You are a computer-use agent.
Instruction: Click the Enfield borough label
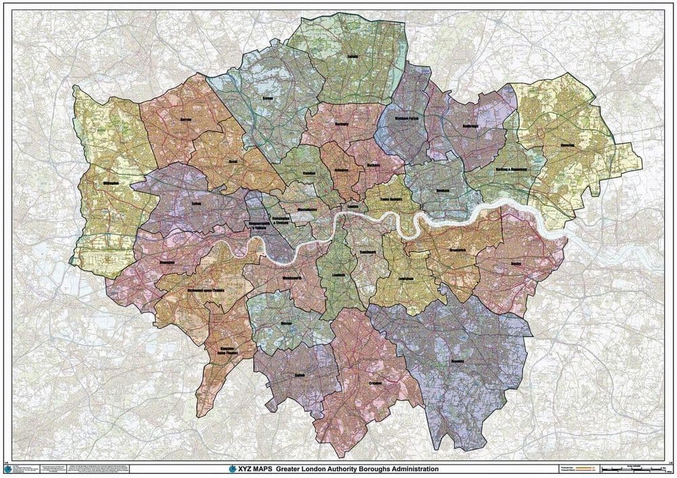click(x=351, y=58)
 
